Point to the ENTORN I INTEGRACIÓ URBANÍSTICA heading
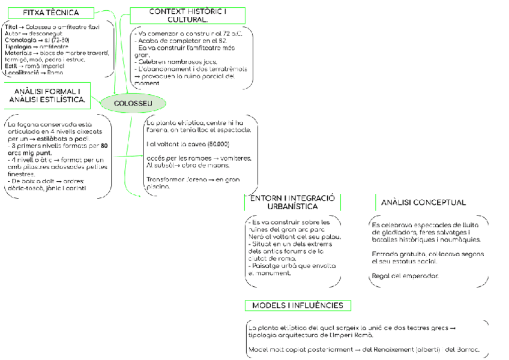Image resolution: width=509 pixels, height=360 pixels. click(292, 202)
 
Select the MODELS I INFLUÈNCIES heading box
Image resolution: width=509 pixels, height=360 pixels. click(298, 305)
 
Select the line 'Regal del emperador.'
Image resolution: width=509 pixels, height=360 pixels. click(405, 276)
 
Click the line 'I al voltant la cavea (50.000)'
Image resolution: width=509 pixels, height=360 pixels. click(188, 144)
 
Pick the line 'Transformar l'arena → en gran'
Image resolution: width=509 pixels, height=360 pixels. click(193, 179)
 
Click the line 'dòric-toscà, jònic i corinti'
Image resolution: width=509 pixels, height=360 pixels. click(46, 188)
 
